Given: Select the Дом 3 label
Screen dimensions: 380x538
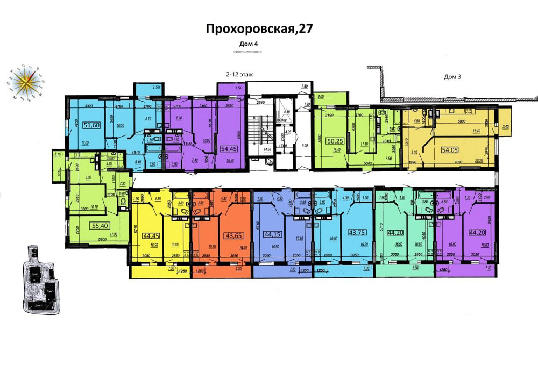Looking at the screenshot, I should coord(452,77).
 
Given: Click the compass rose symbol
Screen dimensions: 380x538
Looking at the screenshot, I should coord(27,82).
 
